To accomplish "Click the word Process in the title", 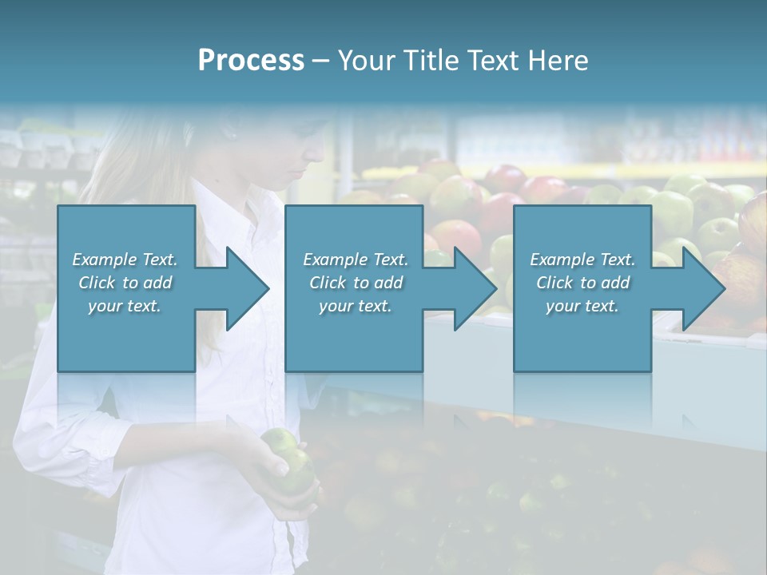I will pyautogui.click(x=251, y=61).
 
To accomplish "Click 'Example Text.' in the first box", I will pyautogui.click(x=125, y=260).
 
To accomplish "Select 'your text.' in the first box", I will pyautogui.click(x=125, y=306).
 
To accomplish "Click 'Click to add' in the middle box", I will pyautogui.click(x=356, y=283).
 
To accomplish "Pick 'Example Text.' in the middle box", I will pyautogui.click(x=356, y=260).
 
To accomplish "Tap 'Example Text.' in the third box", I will pyautogui.click(x=582, y=260).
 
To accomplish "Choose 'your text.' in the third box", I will pyautogui.click(x=582, y=306).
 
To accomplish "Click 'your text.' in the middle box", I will pyautogui.click(x=356, y=306).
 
